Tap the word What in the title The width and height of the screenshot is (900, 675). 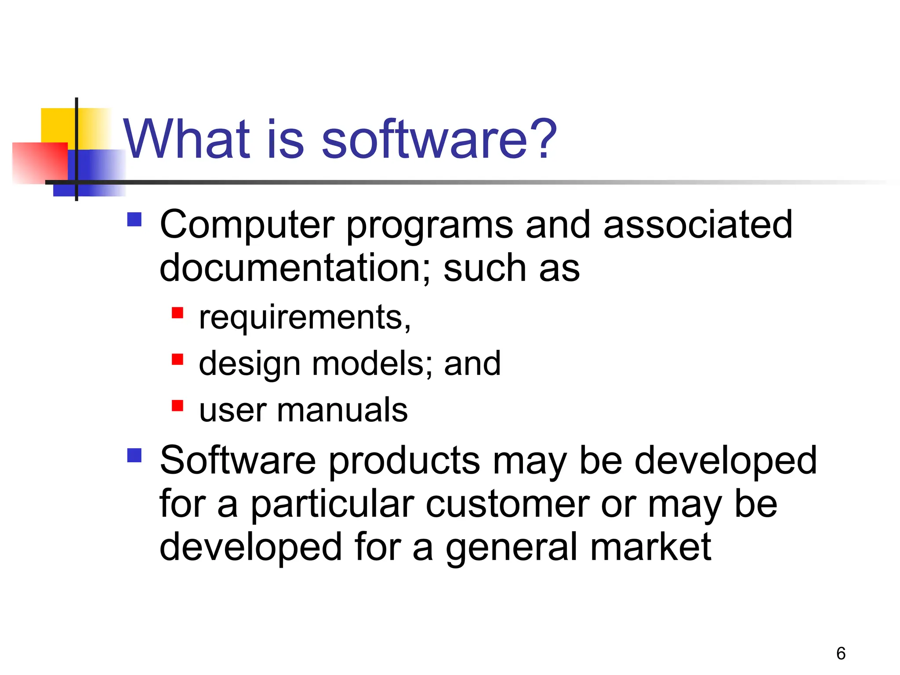(x=186, y=140)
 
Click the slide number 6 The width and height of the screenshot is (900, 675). (x=841, y=653)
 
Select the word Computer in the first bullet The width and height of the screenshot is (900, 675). (x=247, y=225)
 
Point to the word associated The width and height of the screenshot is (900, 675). (x=698, y=225)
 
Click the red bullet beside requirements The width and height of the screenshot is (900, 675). (x=177, y=313)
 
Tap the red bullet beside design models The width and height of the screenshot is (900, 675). (x=177, y=359)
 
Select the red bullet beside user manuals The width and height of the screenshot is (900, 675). (x=177, y=406)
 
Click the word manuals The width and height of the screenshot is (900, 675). (x=342, y=410)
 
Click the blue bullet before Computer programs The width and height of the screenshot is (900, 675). (x=134, y=219)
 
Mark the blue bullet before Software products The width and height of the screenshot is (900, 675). (x=134, y=455)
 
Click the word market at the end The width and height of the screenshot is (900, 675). (x=650, y=547)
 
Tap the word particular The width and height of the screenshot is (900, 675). (x=332, y=505)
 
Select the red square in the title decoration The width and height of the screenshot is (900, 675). (x=40, y=163)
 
